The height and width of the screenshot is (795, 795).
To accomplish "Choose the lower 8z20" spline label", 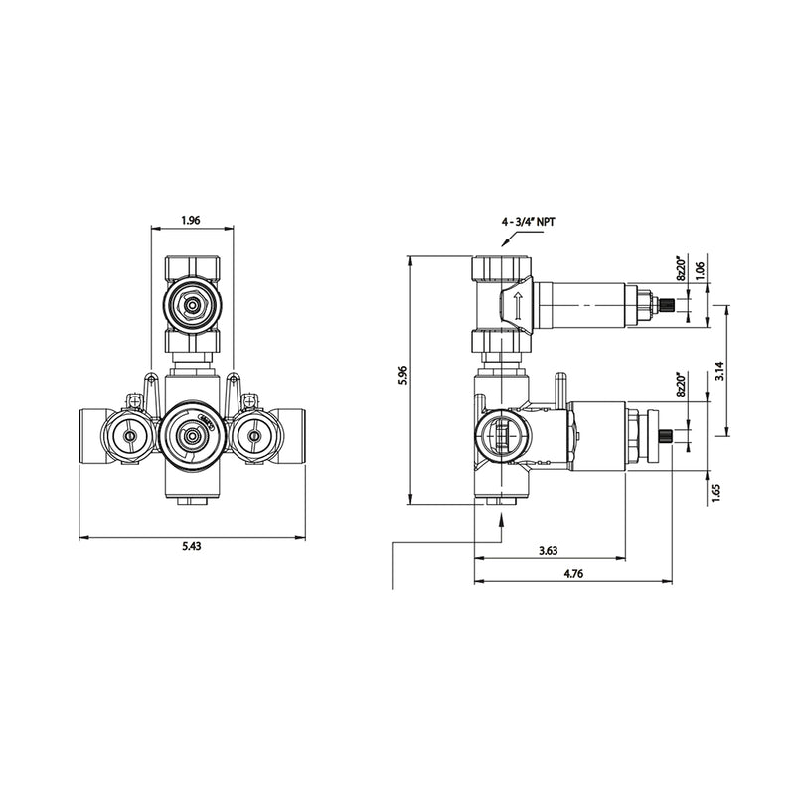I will click(681, 385).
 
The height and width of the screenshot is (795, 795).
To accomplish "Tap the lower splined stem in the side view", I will click(676, 434).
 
